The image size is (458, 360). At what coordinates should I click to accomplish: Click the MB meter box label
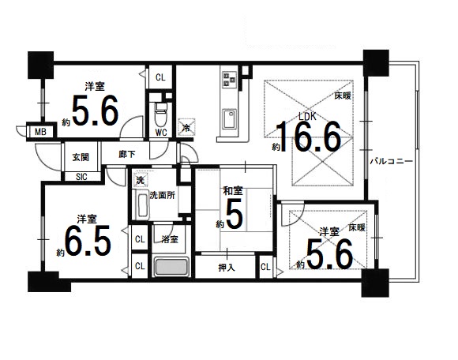[x=40, y=132]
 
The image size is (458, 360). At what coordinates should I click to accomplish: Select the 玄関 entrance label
[x=81, y=157]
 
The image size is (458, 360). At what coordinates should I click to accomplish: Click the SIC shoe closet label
[x=81, y=177]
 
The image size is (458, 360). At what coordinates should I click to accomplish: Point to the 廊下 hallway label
[x=127, y=154]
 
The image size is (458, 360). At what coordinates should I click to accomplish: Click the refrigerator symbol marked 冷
[x=186, y=127]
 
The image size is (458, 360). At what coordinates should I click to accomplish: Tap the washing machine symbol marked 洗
[x=141, y=179]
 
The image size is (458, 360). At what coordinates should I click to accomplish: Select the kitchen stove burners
[x=230, y=78]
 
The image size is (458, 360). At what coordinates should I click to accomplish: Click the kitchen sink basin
[x=230, y=119]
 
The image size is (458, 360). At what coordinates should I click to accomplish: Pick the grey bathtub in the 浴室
[x=171, y=267]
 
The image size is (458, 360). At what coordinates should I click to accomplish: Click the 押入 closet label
[x=227, y=268]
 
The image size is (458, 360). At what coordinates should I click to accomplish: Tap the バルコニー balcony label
[x=392, y=162]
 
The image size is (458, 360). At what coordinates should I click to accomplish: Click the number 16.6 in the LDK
[x=309, y=137]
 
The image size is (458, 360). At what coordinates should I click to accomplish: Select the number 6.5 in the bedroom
[x=88, y=240]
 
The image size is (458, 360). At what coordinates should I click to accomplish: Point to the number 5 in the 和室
[x=235, y=213]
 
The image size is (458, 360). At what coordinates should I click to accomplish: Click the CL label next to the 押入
[x=265, y=267]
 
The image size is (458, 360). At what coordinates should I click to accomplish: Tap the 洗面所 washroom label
[x=163, y=195]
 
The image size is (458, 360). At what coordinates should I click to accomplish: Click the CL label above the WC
[x=160, y=77]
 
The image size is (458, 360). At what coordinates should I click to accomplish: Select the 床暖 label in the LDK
[x=343, y=96]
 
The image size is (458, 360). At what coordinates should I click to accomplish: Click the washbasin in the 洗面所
[x=142, y=204]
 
